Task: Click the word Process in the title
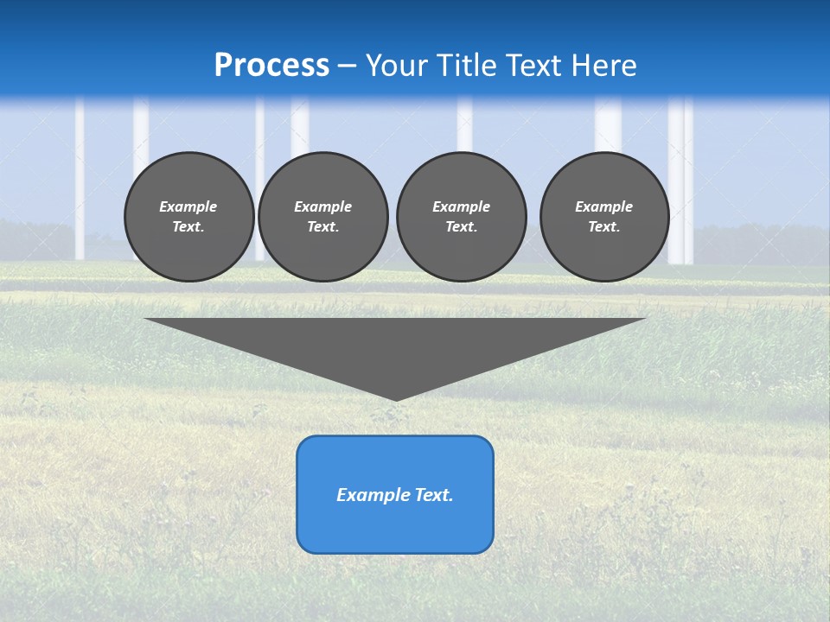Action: coord(271,66)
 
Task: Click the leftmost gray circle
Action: coord(188,217)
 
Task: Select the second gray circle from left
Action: coord(322,217)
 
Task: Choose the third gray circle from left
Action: coord(461,217)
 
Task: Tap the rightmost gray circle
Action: coord(604,217)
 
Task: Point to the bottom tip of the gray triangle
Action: coord(395,399)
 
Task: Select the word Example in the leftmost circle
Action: coord(188,206)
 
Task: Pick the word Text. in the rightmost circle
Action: coord(604,227)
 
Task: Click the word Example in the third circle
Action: coord(461,206)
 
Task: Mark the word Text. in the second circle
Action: coord(322,227)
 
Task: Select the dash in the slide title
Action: coord(348,67)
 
